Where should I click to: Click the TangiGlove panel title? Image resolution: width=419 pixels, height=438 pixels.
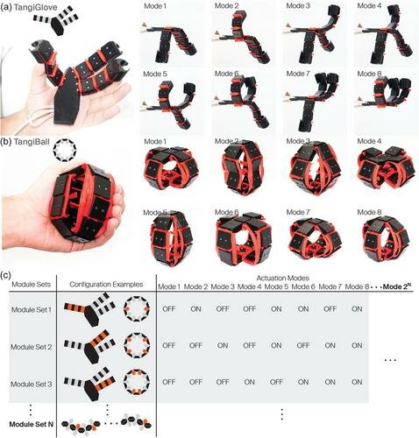34,8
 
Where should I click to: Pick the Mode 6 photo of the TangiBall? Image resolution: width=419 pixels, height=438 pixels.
244,239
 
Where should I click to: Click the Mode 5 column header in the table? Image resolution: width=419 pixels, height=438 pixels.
276,287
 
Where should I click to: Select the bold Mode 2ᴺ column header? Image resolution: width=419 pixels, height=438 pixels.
397,286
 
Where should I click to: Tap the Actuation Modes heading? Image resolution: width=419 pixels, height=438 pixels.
282,278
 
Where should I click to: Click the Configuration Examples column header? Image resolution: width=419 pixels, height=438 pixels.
106,285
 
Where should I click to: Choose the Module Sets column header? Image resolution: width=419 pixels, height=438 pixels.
31,285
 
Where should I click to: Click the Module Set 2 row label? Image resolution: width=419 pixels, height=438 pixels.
32,347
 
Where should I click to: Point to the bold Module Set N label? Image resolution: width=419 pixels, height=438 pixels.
32,424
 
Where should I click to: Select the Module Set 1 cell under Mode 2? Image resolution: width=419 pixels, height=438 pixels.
195,308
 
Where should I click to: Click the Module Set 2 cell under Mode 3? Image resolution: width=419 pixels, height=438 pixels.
223,345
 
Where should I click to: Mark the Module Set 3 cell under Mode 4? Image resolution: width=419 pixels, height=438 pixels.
250,382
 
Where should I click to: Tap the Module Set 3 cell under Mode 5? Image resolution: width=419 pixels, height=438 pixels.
276,382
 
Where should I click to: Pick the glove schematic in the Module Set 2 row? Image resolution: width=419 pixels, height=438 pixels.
90,347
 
